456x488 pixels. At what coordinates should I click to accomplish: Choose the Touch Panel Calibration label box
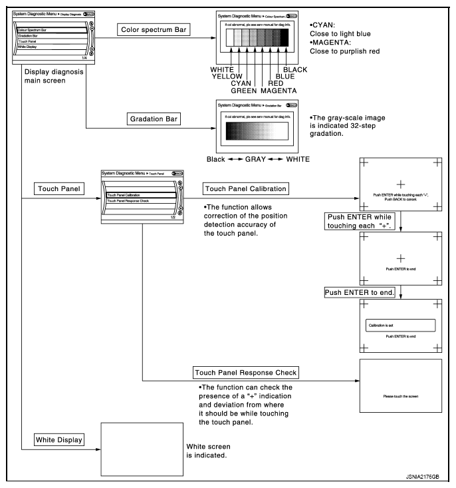pyautogui.click(x=246, y=189)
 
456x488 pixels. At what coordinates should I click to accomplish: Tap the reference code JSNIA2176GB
pyautogui.click(x=423, y=477)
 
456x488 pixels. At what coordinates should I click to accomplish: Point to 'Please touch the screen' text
pyautogui.click(x=400, y=396)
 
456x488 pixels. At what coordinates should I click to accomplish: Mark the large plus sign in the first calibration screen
pyautogui.click(x=400, y=183)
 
